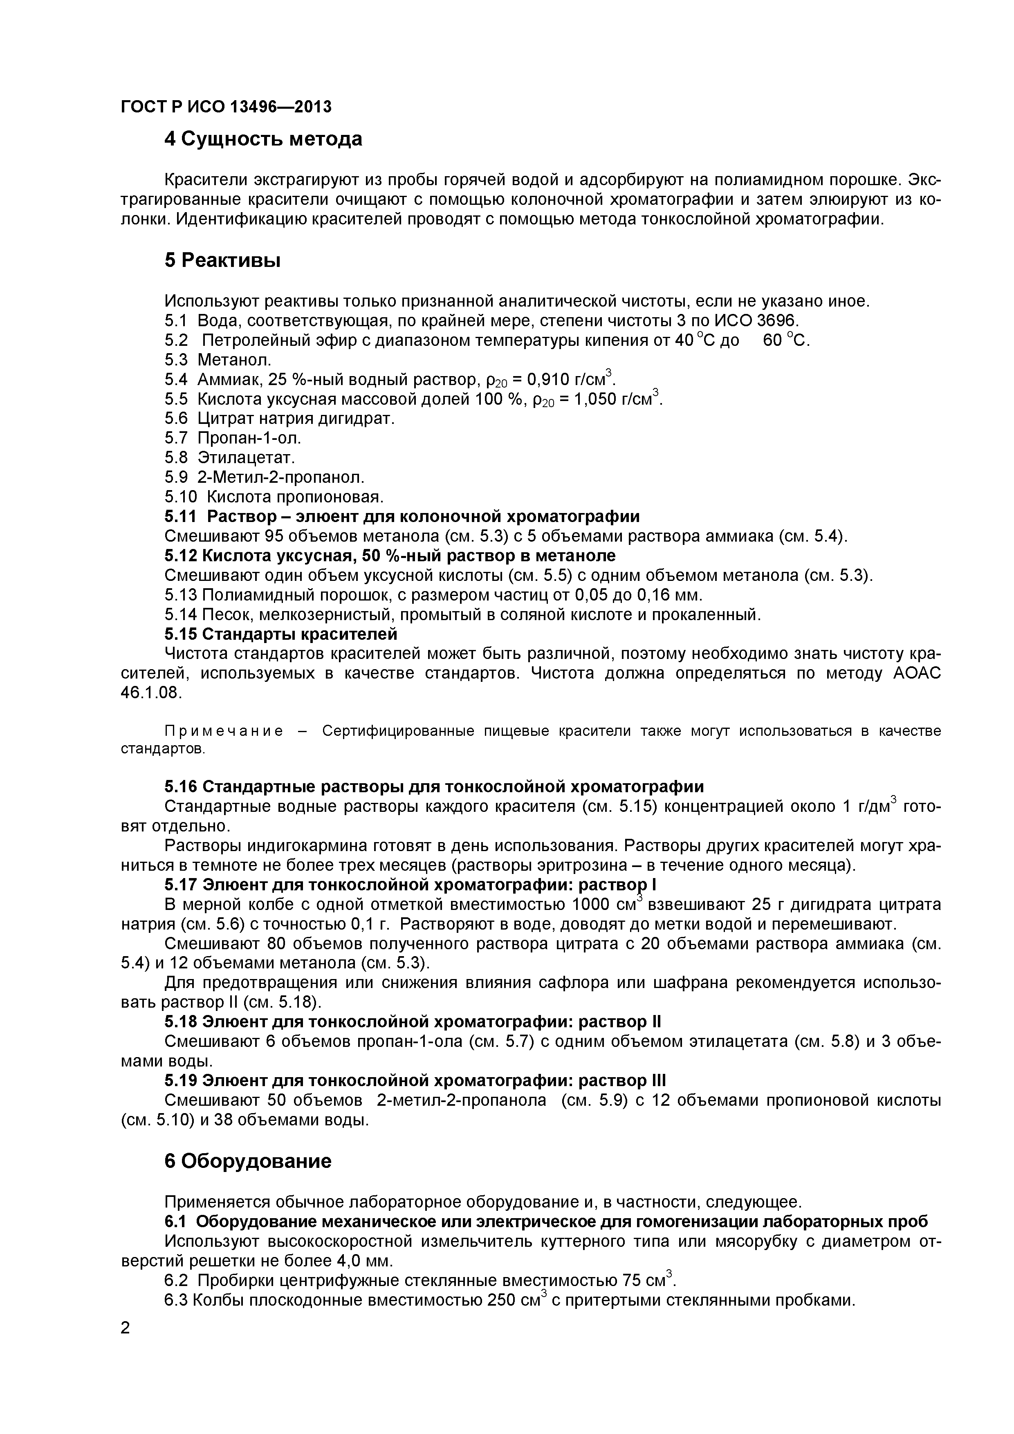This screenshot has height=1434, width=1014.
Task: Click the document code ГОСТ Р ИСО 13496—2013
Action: pyautogui.click(x=226, y=107)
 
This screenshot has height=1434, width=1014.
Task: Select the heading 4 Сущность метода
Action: pyautogui.click(x=263, y=139)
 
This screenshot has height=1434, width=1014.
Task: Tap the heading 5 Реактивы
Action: pyautogui.click(x=222, y=260)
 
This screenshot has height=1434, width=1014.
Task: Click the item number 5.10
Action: pyautogui.click(x=181, y=497)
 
